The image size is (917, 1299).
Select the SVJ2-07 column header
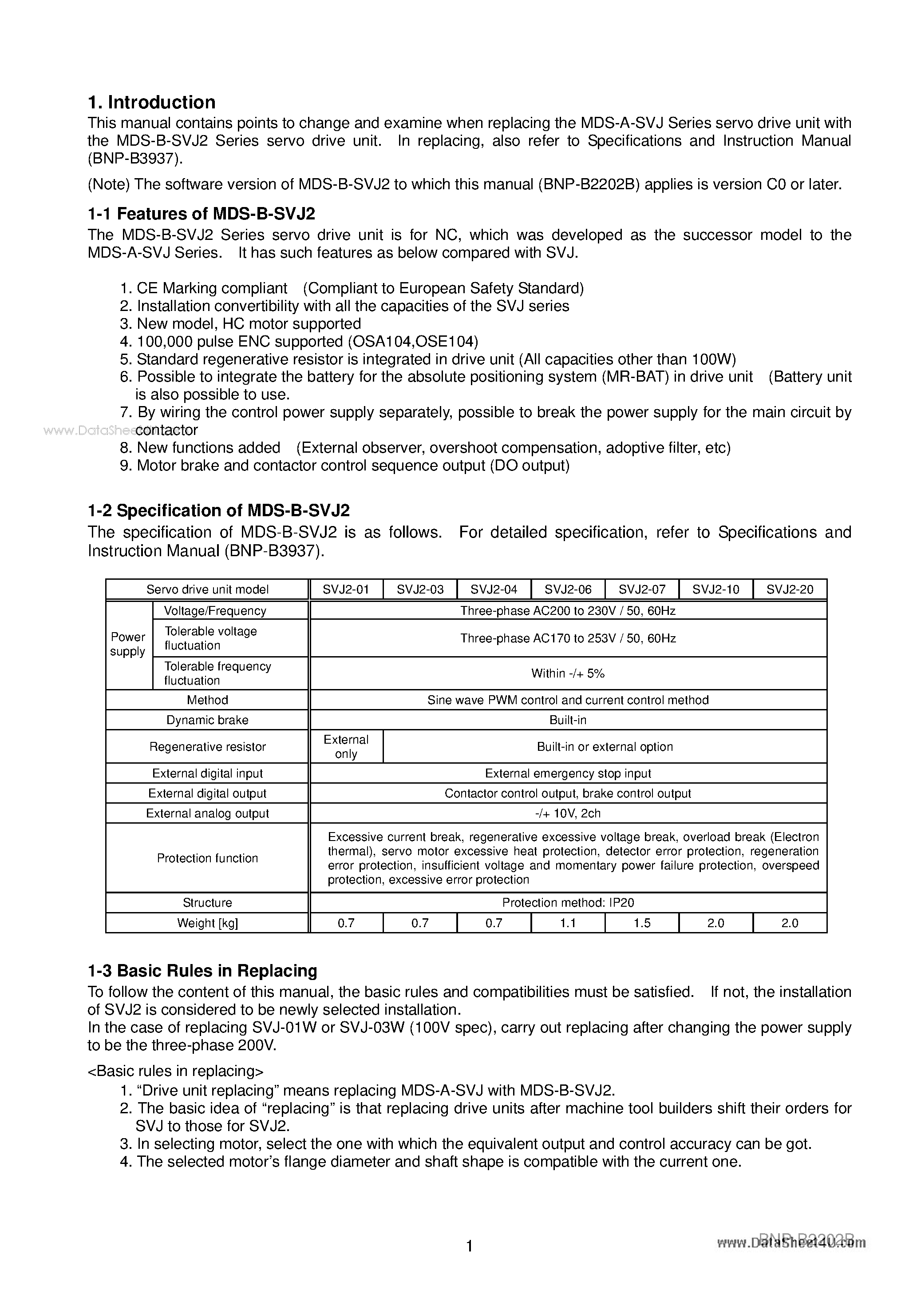point(642,590)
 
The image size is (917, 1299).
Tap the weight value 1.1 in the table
point(568,923)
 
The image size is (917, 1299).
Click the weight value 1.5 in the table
point(642,923)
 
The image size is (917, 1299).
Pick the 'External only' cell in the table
point(346,746)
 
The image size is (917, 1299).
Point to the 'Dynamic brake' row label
point(207,720)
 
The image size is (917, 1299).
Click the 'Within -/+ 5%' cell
point(568,673)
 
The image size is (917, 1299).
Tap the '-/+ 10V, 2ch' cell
point(568,813)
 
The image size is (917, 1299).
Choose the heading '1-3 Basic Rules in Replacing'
point(202,971)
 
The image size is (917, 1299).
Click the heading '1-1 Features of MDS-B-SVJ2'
point(201,214)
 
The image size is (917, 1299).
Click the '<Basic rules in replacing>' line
point(176,1071)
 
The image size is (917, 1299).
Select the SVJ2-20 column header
point(790,590)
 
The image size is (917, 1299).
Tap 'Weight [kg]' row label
point(207,923)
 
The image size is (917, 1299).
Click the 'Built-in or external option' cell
point(605,746)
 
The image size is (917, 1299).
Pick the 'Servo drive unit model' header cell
point(207,590)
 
